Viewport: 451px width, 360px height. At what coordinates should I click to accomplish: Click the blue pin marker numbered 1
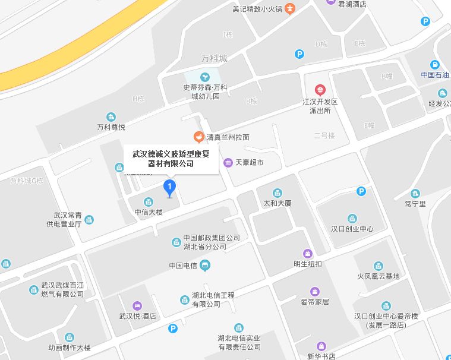[170, 188]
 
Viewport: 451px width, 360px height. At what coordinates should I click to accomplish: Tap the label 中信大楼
[149, 211]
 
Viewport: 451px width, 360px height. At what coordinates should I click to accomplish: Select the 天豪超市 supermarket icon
[228, 163]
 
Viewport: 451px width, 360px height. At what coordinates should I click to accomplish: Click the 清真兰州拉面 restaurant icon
[199, 137]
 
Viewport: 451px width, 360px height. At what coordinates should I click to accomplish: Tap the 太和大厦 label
[277, 203]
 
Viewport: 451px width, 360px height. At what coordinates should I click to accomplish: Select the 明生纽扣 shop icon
[307, 253]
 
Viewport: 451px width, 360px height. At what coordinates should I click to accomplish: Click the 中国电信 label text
[184, 266]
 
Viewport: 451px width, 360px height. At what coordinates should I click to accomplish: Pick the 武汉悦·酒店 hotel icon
[137, 305]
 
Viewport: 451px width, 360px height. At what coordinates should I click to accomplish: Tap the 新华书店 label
[321, 356]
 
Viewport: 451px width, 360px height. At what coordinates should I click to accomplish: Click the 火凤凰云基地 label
[378, 276]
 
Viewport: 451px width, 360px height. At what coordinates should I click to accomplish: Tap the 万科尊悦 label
[111, 127]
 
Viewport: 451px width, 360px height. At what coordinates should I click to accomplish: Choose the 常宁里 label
[415, 204]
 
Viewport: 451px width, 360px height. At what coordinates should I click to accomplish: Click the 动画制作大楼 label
[70, 348]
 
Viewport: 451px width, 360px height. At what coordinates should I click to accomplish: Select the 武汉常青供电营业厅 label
[68, 220]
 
